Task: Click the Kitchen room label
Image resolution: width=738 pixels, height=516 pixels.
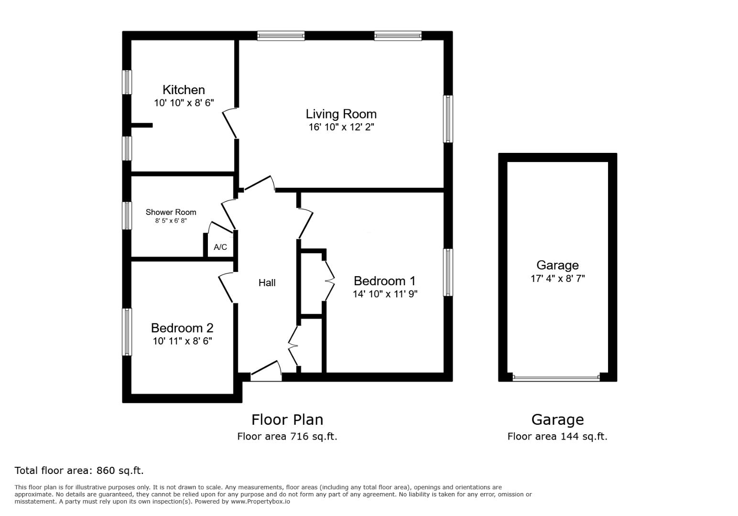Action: click(184, 90)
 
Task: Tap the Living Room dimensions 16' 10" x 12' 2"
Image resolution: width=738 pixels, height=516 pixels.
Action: click(341, 127)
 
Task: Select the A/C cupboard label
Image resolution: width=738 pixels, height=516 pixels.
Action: click(220, 247)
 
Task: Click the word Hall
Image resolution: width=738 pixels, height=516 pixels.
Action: click(267, 283)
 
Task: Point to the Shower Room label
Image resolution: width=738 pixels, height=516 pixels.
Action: click(171, 212)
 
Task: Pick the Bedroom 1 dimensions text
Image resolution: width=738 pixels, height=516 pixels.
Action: click(385, 294)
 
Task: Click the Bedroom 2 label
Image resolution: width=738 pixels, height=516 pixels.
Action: click(182, 328)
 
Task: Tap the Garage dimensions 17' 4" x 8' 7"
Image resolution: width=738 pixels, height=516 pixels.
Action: click(557, 279)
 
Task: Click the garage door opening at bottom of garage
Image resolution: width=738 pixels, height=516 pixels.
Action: click(556, 377)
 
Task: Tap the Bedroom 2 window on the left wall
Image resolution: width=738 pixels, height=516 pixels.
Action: click(127, 332)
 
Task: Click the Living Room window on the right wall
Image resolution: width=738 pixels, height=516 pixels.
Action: click(448, 119)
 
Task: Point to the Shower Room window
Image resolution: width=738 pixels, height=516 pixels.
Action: click(127, 215)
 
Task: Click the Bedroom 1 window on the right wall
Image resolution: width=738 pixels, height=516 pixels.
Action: click(448, 272)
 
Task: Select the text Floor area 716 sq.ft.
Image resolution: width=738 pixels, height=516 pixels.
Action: click(287, 436)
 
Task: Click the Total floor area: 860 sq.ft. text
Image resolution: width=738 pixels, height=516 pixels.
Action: click(79, 471)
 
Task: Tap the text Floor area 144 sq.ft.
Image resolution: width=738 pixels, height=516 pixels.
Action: click(557, 436)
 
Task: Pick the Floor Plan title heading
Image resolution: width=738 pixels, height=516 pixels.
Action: click(287, 419)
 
